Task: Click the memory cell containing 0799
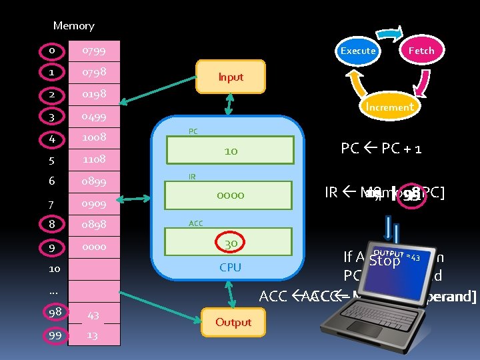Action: pos(94,50)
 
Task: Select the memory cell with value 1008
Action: pos(94,138)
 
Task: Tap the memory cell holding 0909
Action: pos(94,203)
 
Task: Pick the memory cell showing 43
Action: pos(94,315)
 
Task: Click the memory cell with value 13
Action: pos(94,335)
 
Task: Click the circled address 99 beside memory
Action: pos(55,335)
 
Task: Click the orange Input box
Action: pos(231,77)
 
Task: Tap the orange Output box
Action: pos(233,322)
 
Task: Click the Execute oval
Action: pos(358,51)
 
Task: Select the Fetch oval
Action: pos(421,51)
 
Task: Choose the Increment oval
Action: pos(389,107)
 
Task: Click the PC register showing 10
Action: pos(231,151)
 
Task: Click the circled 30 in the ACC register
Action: pos(231,243)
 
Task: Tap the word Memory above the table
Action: pos(73,26)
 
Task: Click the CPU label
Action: pos(231,267)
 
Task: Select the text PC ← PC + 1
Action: pos(381,148)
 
